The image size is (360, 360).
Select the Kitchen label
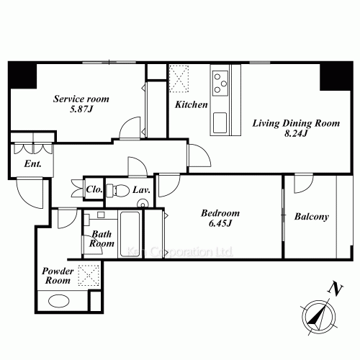pos(192,105)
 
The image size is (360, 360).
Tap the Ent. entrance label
pos(32,163)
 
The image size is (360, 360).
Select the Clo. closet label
pos(94,191)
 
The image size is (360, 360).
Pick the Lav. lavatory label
pos(140,191)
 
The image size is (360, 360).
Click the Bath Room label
pos(102,239)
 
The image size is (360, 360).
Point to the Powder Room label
pos(59,276)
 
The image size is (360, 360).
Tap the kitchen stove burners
pos(220,80)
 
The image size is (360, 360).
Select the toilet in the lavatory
pos(112,190)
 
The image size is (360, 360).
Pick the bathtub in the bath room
pos(130,231)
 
